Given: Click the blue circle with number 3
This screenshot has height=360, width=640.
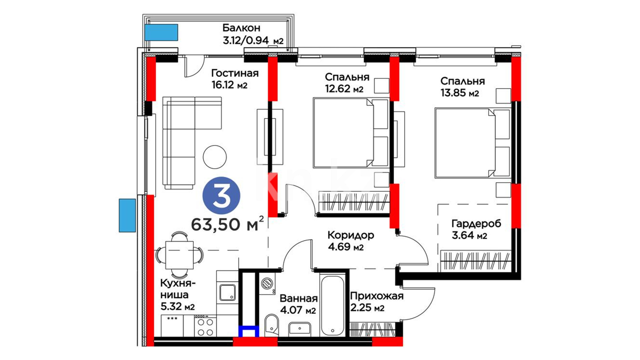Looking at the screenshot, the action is [x=221, y=195].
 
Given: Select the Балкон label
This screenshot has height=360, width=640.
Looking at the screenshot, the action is [x=241, y=28].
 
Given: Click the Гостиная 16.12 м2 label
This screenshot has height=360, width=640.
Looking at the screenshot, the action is [x=235, y=79].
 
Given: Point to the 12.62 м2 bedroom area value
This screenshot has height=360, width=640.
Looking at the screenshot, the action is [x=344, y=89].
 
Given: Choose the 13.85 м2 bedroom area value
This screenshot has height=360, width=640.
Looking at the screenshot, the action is [x=460, y=93].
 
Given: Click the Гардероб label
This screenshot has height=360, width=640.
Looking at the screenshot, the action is [x=476, y=223].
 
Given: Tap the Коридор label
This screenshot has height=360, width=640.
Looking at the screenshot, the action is [x=351, y=235].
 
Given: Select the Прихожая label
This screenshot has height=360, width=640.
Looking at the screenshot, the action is [x=377, y=296].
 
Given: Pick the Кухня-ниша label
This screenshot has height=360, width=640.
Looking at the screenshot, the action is [x=178, y=289].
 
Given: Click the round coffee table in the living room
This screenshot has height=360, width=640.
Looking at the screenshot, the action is [x=215, y=157].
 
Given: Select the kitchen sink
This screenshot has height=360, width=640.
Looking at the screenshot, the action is [x=227, y=292].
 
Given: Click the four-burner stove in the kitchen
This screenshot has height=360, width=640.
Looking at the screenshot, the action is [x=205, y=327].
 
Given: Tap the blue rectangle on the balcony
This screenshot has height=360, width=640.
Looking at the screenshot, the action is [x=161, y=33].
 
